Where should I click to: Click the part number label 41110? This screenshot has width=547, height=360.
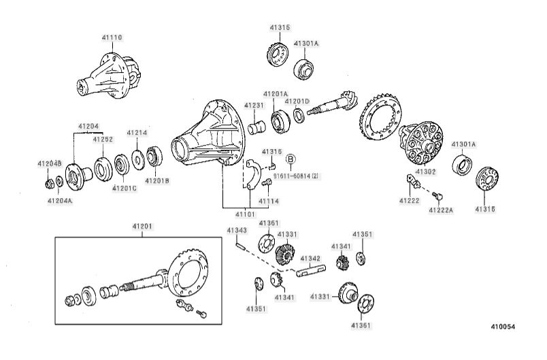pyautogui.click(x=112, y=37)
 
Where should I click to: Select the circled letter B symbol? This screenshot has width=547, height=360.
pyautogui.click(x=291, y=159)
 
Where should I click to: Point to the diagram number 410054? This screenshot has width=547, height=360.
pyautogui.click(x=503, y=327)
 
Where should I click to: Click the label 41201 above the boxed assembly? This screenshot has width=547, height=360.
pyautogui.click(x=142, y=227)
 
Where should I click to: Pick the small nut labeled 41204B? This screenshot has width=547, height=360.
pyautogui.click(x=50, y=184)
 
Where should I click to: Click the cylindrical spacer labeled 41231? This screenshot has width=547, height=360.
pyautogui.click(x=256, y=127)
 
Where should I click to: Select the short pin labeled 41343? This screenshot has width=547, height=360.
pyautogui.click(x=240, y=246)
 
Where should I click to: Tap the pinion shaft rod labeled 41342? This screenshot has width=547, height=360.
pyautogui.click(x=311, y=271)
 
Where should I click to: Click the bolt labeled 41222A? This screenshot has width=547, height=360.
pyautogui.click(x=437, y=196)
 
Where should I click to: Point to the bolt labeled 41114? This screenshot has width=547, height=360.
pyautogui.click(x=267, y=182)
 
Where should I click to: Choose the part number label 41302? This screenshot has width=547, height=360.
pyautogui.click(x=426, y=171)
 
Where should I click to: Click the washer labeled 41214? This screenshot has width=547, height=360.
pyautogui.click(x=138, y=160)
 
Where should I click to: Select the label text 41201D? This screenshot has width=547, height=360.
pyautogui.click(x=297, y=101)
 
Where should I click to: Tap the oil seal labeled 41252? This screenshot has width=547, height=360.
pyautogui.click(x=103, y=169)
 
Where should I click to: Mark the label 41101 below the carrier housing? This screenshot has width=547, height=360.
pyautogui.click(x=245, y=214)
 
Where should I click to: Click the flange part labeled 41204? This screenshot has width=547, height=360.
pyautogui.click(x=78, y=176)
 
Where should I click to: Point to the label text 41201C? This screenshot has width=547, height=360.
pyautogui.click(x=125, y=189)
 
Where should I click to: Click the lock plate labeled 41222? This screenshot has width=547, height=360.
pyautogui.click(x=414, y=181)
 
